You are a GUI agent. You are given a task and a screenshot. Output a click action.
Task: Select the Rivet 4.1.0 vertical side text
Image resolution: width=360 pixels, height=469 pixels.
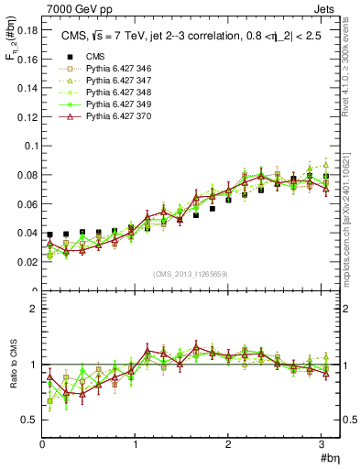(x=352, y=69)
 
